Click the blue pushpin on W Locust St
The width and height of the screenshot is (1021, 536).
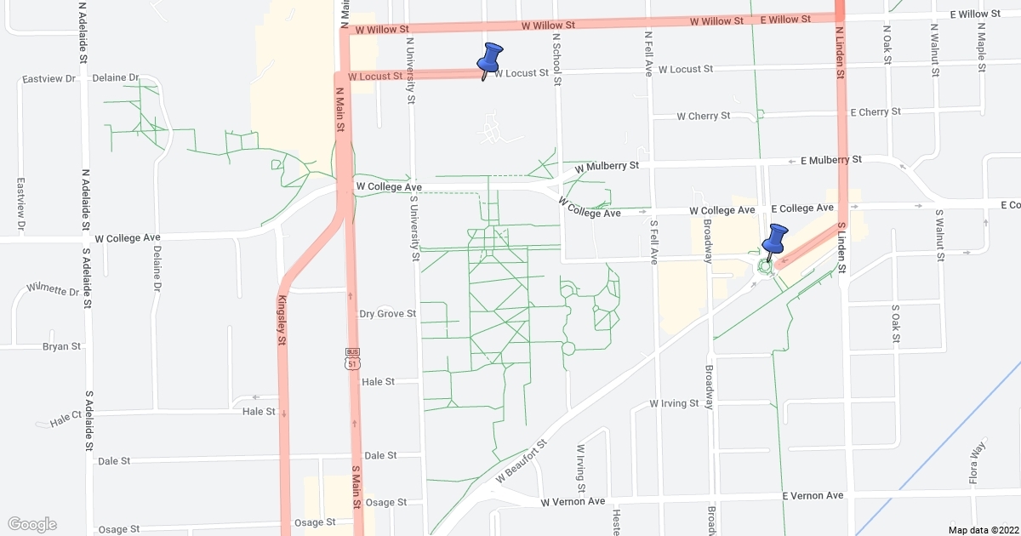pos(489,59)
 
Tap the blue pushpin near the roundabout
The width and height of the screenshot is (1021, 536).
pos(774,241)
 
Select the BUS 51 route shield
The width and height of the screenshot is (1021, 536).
pos(352,359)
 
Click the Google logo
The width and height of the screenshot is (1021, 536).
pos(32,524)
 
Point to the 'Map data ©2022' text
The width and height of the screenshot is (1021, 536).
pos(983,530)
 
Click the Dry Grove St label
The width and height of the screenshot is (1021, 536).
pos(387,314)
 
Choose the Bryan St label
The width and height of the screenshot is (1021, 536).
pos(61,346)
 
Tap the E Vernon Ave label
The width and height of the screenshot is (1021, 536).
pos(813,495)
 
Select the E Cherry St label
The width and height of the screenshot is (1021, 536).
pos(876,112)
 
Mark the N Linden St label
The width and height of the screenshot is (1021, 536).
pos(839,53)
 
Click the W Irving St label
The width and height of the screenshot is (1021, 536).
pos(674,403)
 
